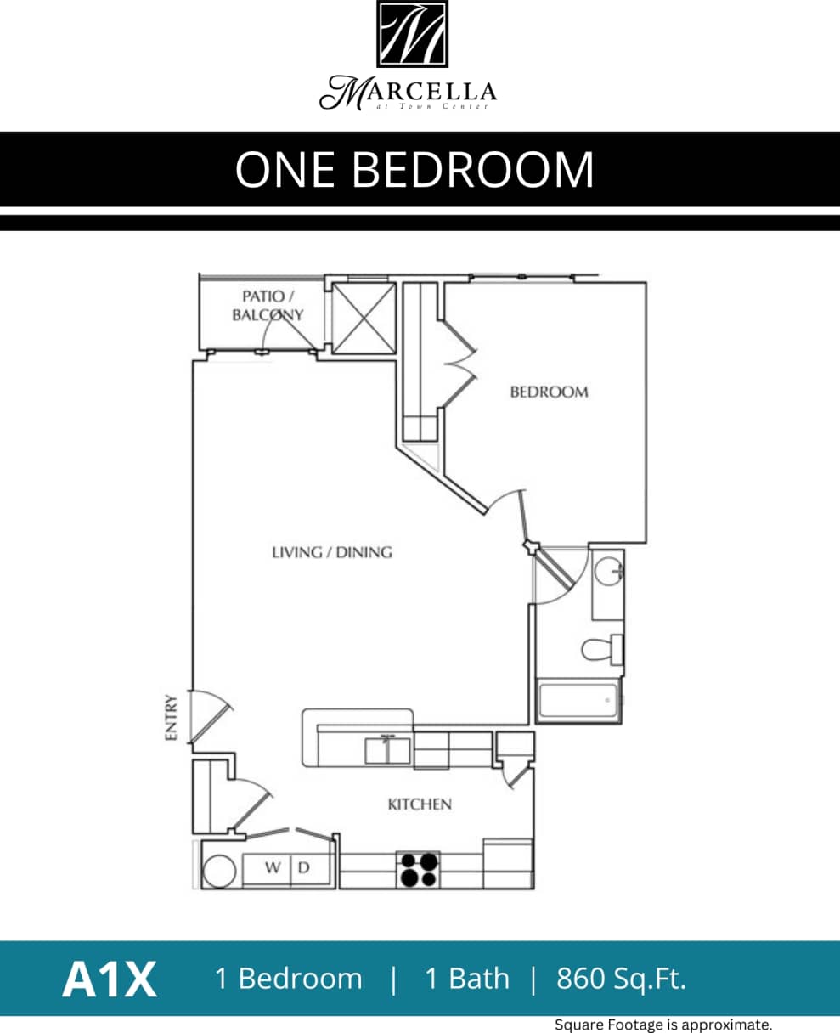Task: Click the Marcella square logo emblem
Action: (x=412, y=34)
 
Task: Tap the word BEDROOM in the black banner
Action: (x=472, y=169)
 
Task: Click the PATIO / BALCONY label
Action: (x=268, y=306)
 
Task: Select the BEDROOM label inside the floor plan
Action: (x=549, y=392)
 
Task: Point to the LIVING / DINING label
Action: (x=332, y=552)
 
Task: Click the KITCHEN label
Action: (x=420, y=804)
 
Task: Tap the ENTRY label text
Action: (x=171, y=718)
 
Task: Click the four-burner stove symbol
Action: (x=418, y=870)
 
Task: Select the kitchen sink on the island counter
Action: (x=387, y=750)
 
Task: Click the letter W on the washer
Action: (x=273, y=868)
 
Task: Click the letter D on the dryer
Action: (x=303, y=868)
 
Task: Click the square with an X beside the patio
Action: (x=363, y=318)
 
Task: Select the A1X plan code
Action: (x=109, y=979)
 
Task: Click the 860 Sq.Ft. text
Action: (x=621, y=979)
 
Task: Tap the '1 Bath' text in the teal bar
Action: (x=467, y=979)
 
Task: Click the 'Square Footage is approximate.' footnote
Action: (x=663, y=1025)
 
